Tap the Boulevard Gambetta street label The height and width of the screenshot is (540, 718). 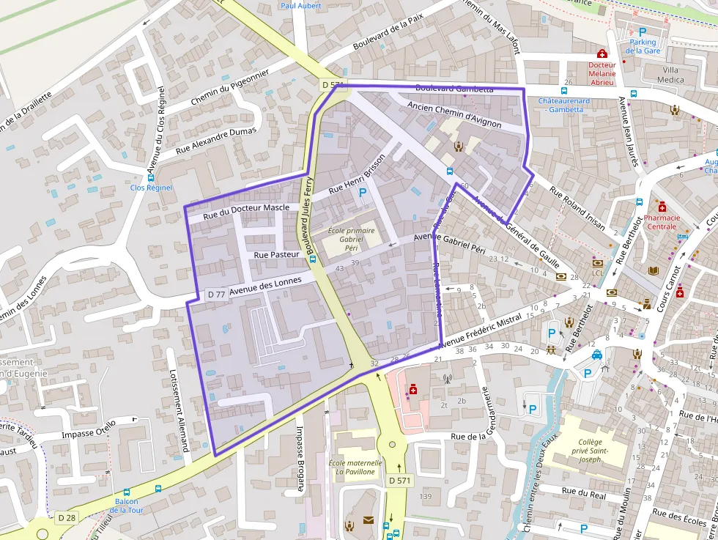(454, 89)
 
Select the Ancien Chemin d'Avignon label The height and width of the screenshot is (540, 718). (454, 115)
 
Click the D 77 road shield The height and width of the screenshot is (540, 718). (216, 294)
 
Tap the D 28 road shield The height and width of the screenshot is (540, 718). (67, 518)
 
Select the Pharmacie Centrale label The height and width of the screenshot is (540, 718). (662, 222)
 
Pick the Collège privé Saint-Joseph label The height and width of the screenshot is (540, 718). (590, 446)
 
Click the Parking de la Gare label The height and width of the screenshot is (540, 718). (643, 46)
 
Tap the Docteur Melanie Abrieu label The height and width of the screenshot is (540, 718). (602, 73)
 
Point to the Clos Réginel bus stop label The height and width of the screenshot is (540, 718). (151, 188)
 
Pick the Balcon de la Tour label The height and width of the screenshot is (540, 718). (127, 506)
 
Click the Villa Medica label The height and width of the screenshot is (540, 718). (670, 75)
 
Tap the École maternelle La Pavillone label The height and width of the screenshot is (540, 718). (355, 467)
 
